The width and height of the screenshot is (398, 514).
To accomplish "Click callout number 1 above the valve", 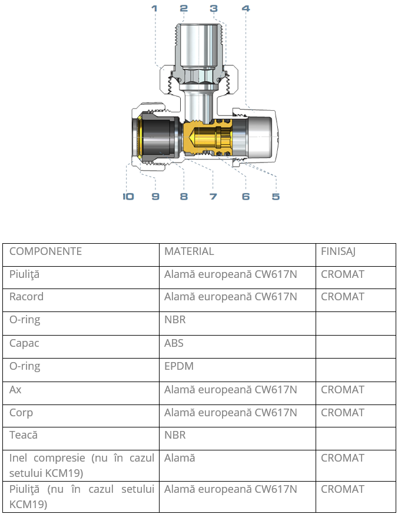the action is point(154,8).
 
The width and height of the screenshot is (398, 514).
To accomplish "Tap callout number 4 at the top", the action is point(246,8).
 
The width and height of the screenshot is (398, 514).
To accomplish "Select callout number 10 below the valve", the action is point(128,196).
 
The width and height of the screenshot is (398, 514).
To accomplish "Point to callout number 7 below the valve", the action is point(213,196).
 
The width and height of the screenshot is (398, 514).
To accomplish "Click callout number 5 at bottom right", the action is point(276,196).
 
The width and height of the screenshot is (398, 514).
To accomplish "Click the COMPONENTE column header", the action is point(45,251).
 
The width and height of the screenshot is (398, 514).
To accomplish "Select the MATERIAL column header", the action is point(189,251).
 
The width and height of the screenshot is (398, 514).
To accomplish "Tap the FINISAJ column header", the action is point(338,251).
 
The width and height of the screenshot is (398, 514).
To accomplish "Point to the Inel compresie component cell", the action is point(81,466).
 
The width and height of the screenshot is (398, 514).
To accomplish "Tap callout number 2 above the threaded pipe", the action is point(184,8).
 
